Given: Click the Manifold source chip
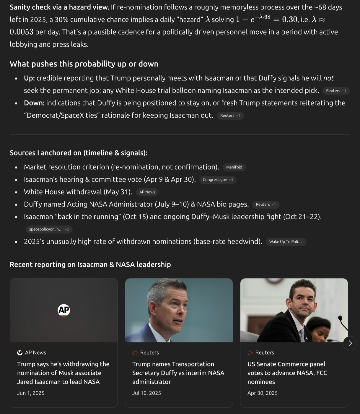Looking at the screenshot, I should pos(234,167).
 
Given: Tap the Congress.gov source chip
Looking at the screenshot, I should pos(218,180).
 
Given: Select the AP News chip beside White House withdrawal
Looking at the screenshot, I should pos(147,192).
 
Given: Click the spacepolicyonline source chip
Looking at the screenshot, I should pos(49,229).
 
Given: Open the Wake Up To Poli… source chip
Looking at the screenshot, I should pos(286,242).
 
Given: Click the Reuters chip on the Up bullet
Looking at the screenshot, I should pos(336,91).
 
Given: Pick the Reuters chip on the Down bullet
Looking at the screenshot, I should pos(230,116).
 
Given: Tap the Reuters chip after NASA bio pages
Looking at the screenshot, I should pos(265,204).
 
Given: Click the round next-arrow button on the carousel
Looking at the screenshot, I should pos(350,343).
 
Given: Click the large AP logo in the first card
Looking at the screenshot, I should pos(64,310).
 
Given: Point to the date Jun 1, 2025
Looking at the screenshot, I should pos(31,393).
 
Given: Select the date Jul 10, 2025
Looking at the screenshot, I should pos(146,393).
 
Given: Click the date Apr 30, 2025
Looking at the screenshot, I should pos(263,393).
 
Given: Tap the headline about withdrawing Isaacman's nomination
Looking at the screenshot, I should pos(63,373).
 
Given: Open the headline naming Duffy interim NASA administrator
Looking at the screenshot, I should pos(178,373).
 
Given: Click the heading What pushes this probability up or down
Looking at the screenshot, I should pos(84,64).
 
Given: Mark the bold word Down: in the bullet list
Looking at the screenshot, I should pos(34,103).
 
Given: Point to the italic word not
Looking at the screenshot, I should pos(328,78).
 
